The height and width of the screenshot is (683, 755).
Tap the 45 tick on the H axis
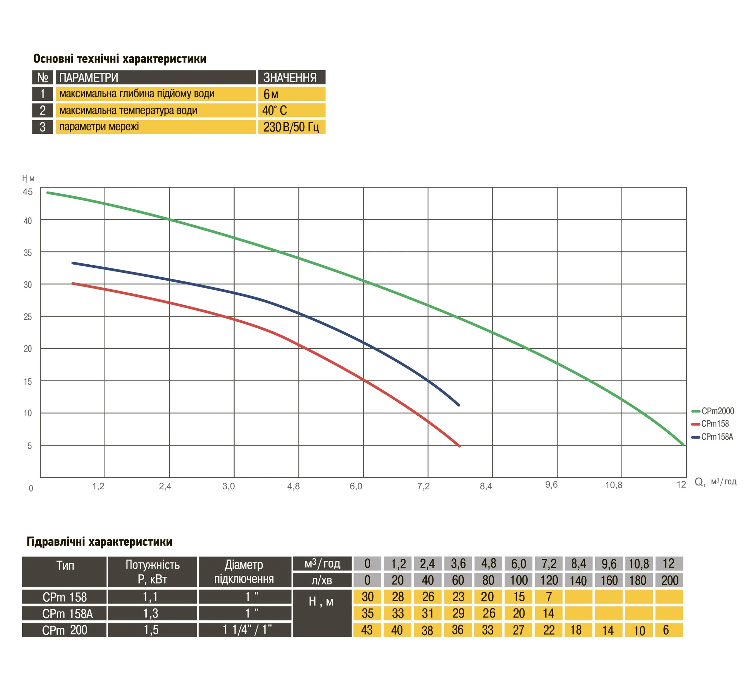point(28,192)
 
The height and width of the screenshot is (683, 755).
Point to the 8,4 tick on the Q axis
point(486,486)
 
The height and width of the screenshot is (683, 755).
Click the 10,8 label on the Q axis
point(614,485)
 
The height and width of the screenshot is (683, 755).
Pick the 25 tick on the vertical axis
point(28,317)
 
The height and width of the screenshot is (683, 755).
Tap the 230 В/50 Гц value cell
point(291,127)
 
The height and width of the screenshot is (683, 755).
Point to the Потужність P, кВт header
point(153,572)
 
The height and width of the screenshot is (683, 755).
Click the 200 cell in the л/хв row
point(670,581)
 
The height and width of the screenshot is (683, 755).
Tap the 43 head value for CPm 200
point(367,630)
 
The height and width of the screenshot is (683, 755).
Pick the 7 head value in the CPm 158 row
point(549,597)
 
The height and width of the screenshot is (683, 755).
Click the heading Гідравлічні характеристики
point(100,542)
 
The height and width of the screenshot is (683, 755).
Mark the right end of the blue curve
point(459,405)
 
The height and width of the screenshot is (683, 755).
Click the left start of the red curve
point(72,283)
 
